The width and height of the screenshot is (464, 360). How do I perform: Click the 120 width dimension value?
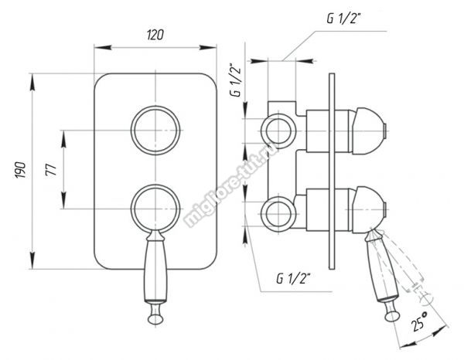pyautogui.click(x=155, y=35)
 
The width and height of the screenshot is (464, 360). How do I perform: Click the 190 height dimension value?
pyautogui.click(x=21, y=170)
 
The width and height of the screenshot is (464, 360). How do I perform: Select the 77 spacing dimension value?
pyautogui.click(x=51, y=170)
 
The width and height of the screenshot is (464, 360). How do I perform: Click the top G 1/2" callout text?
pyautogui.click(x=343, y=18)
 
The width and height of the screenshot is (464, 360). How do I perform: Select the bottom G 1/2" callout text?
pyautogui.click(x=293, y=278)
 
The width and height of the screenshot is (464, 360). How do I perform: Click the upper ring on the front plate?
pyautogui.click(x=132, y=131)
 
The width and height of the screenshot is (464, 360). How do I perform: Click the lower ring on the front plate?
pyautogui.click(x=132, y=209)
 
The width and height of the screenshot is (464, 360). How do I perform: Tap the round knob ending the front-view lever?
pyautogui.click(x=155, y=319)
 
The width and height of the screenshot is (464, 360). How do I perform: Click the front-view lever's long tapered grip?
pyautogui.click(x=155, y=270)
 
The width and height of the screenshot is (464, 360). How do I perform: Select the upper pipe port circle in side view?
pyautogui.click(x=262, y=131)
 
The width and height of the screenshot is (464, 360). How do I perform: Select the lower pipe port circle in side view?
pyautogui.click(x=262, y=214)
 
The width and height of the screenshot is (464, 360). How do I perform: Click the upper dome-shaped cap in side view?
pyautogui.click(x=368, y=131)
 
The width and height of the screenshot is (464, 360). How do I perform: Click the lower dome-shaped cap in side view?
pyautogui.click(x=368, y=209)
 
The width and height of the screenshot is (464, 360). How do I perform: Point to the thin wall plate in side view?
pyautogui.click(x=332, y=172)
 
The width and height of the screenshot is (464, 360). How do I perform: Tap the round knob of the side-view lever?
pyautogui.click(x=393, y=316)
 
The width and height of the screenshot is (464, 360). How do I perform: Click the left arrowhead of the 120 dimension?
pyautogui.click(x=103, y=47)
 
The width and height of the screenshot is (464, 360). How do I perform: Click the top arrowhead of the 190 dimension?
pyautogui.click(x=32, y=82)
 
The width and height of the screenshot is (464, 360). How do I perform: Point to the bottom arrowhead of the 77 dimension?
pyautogui.click(x=63, y=200)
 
